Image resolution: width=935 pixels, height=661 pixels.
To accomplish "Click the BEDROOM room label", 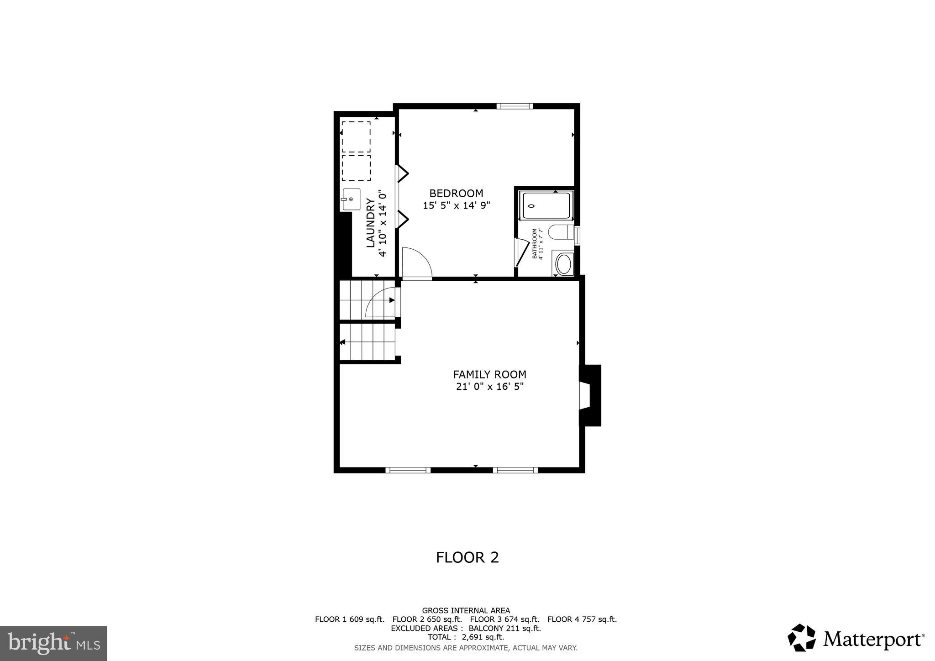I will (x=456, y=193).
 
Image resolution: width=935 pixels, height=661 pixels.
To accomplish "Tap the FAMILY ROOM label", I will (x=489, y=374).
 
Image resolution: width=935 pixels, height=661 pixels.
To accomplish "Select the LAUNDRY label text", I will (x=370, y=223).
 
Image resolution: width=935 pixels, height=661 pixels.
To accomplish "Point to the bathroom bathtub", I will (x=546, y=205).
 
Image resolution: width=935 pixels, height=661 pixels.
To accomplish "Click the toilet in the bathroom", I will (x=561, y=232).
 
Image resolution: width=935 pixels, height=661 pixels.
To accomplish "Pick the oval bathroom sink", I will (x=564, y=264).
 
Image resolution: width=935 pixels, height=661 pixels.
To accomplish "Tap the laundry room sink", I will (x=351, y=199).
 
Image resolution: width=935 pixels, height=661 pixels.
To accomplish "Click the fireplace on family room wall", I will (x=590, y=395).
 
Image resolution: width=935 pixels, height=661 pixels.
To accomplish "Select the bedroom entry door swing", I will (x=416, y=262).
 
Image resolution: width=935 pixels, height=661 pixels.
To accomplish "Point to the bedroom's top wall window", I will (x=515, y=106).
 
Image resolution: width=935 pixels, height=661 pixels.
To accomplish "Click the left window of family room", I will (x=408, y=470).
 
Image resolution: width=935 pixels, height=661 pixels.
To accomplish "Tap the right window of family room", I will (x=515, y=470).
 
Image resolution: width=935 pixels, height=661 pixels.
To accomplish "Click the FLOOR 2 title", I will (x=467, y=557).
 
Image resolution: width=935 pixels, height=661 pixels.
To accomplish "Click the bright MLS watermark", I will (x=54, y=643).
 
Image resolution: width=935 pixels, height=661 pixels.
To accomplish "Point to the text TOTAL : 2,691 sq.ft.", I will (x=466, y=637).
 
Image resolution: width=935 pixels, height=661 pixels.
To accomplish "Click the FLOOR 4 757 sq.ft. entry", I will (x=582, y=619).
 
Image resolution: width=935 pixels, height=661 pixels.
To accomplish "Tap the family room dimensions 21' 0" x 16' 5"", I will (x=489, y=387).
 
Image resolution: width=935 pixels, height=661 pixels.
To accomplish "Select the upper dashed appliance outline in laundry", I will (x=356, y=136).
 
